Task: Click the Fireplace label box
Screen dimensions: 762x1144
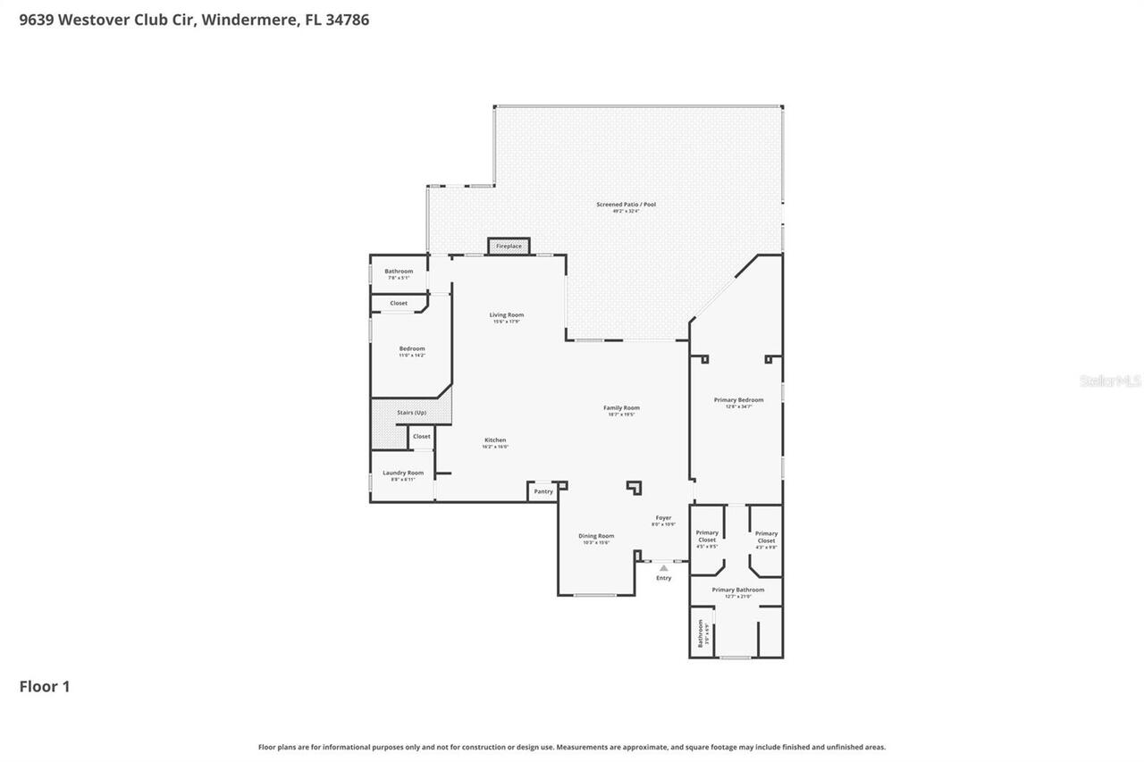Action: click(509, 246)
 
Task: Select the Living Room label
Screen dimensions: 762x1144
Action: click(506, 315)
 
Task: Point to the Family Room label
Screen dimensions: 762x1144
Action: click(621, 408)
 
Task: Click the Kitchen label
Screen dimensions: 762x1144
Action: click(495, 440)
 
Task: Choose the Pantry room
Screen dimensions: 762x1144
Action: click(543, 491)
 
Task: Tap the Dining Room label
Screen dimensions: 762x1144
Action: click(596, 536)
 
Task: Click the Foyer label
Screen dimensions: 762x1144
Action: click(663, 518)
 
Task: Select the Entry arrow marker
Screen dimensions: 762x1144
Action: click(663, 567)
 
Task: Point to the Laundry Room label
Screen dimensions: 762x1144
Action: click(403, 473)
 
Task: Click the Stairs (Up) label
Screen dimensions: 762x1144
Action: click(411, 413)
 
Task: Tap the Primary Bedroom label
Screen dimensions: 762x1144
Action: click(738, 400)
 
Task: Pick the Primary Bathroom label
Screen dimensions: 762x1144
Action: click(737, 590)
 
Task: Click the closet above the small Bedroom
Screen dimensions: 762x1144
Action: click(399, 304)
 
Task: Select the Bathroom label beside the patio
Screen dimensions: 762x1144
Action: click(399, 272)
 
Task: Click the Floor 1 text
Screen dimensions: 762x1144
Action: click(45, 686)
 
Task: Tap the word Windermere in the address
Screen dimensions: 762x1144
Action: click(249, 20)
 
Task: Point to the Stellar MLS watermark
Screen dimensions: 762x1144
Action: click(1110, 381)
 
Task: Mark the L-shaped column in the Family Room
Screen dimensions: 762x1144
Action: click(635, 487)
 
